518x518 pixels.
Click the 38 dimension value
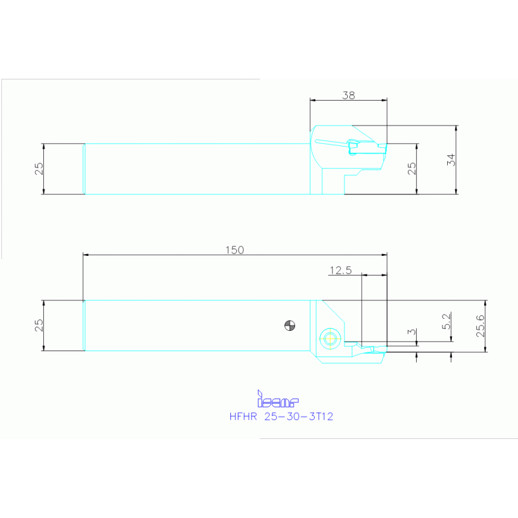348,95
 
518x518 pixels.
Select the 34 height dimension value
452,160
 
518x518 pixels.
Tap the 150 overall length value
234,250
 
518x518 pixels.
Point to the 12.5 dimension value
341,270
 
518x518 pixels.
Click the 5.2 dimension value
446,320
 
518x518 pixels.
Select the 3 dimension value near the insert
412,332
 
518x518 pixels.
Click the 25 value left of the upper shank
38,168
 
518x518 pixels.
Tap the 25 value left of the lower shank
38,325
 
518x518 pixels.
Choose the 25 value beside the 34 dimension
412,168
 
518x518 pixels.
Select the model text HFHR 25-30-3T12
281,417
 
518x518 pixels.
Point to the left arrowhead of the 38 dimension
312,101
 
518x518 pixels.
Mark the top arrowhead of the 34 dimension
457,128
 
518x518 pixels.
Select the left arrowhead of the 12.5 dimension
365,275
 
